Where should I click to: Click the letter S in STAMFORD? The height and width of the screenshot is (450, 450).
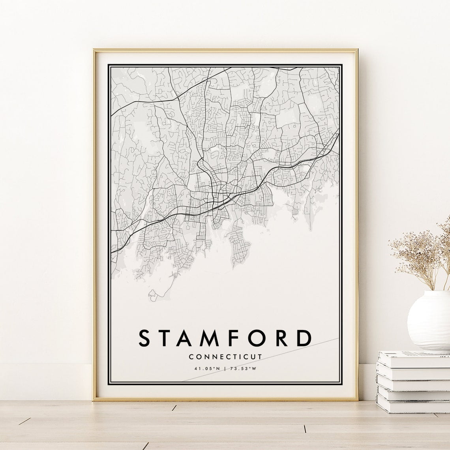(145, 338)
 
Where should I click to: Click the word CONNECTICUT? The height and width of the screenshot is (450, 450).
(225, 357)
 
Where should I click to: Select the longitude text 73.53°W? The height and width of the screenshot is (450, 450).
(243, 369)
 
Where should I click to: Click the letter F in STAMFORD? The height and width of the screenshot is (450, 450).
(234, 338)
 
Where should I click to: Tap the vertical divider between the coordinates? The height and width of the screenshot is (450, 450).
(225, 369)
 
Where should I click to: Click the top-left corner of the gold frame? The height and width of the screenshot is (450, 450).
(94, 50)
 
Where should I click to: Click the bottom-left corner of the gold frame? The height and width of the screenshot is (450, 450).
(94, 399)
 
